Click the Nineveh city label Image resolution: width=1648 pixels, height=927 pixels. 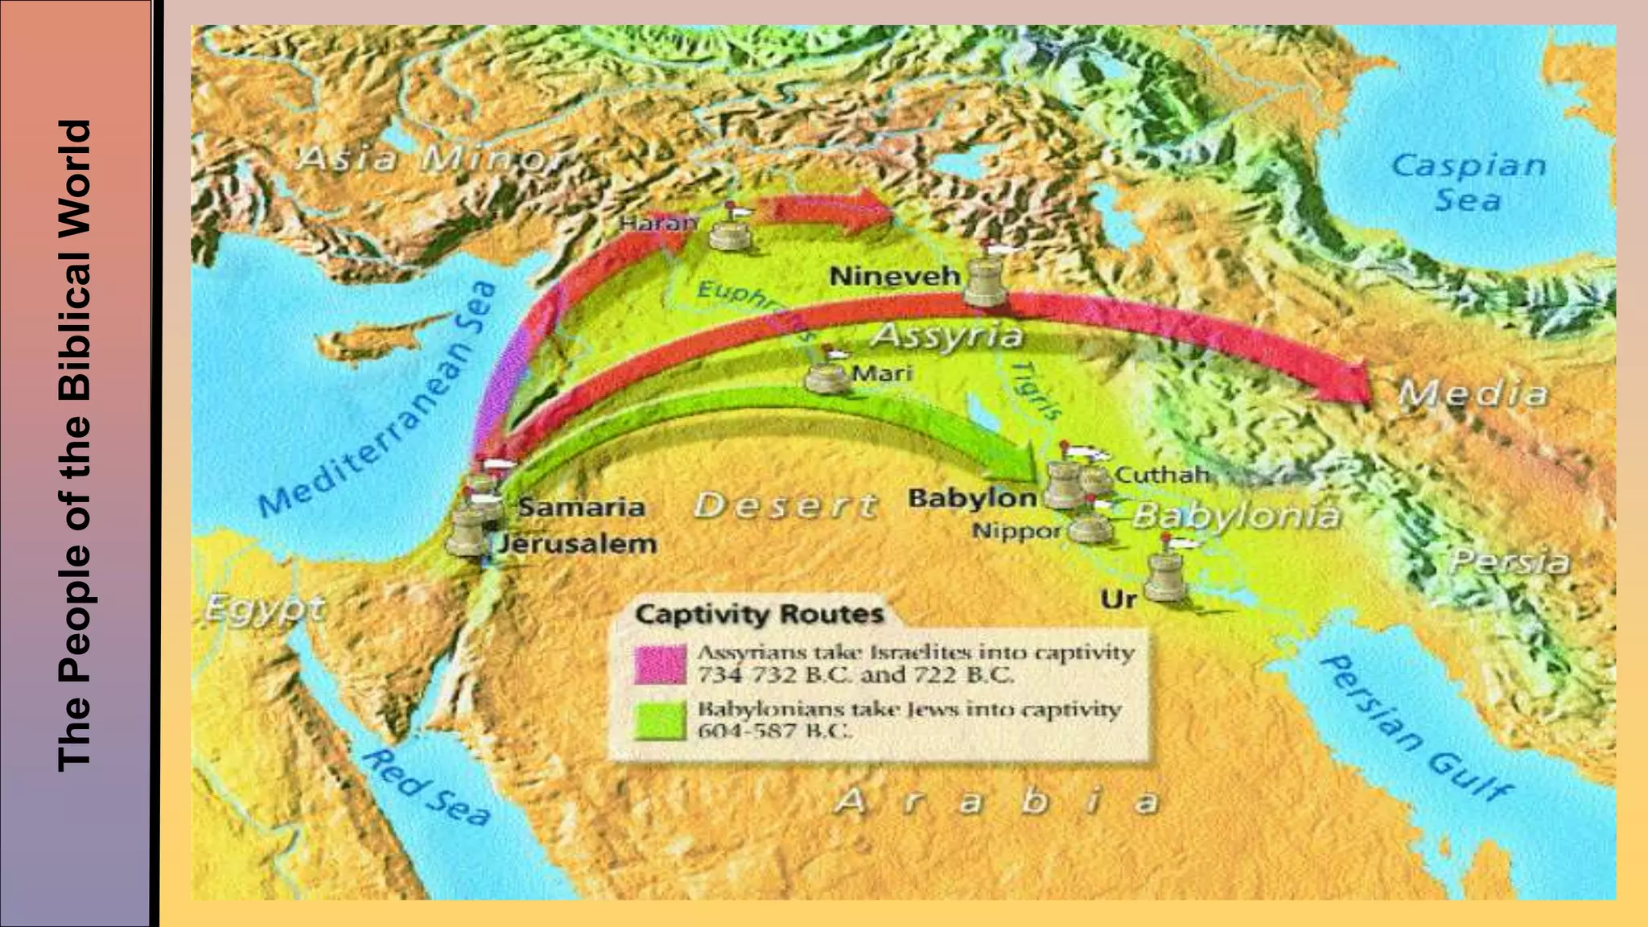click(x=894, y=276)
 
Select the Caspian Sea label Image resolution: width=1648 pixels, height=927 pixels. click(x=1468, y=182)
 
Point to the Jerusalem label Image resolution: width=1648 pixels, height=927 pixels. click(x=577, y=544)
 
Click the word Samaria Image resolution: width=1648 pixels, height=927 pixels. click(x=581, y=507)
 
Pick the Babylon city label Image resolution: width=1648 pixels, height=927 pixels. click(x=972, y=498)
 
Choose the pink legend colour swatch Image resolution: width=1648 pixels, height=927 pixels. click(x=660, y=664)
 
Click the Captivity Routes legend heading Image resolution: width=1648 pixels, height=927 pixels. click(x=760, y=614)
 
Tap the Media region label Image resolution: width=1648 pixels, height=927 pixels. click(x=1473, y=393)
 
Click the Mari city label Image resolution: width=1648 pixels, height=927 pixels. click(x=882, y=373)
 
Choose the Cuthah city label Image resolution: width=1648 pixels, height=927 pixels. click(x=1163, y=475)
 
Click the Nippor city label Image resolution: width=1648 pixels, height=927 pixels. click(x=1016, y=531)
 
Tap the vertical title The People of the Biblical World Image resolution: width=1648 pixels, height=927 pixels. click(x=76, y=447)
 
